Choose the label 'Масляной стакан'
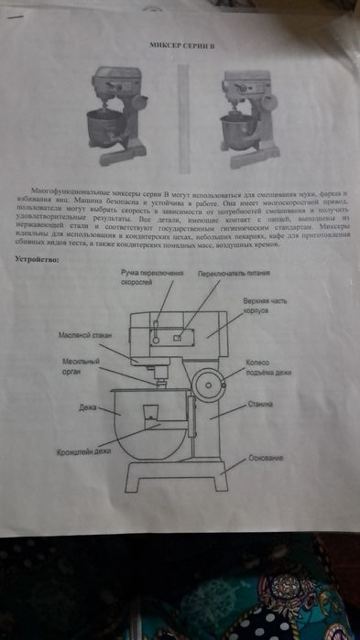84,336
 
